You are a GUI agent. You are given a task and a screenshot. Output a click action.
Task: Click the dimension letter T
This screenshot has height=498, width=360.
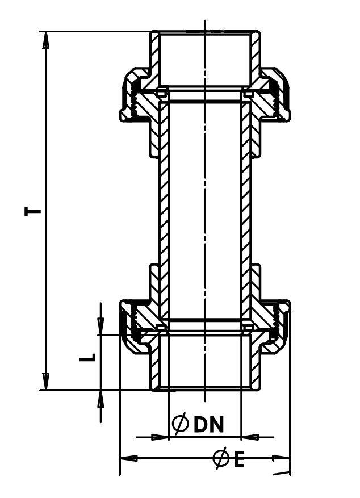tap(33, 211)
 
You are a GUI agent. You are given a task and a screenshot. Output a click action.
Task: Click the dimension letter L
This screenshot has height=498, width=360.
tap(87, 357)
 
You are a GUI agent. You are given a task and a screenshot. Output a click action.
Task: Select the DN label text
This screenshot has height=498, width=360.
tap(209, 424)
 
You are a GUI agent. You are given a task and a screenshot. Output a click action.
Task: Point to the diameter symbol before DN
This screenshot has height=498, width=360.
tap(180, 424)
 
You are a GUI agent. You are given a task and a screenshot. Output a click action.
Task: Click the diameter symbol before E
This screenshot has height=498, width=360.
tap(221, 459)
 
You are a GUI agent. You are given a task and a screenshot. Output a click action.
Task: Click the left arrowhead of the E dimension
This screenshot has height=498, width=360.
tap(128, 458)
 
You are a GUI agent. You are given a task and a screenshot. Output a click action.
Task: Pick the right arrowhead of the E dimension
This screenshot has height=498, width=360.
tap(281, 458)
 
